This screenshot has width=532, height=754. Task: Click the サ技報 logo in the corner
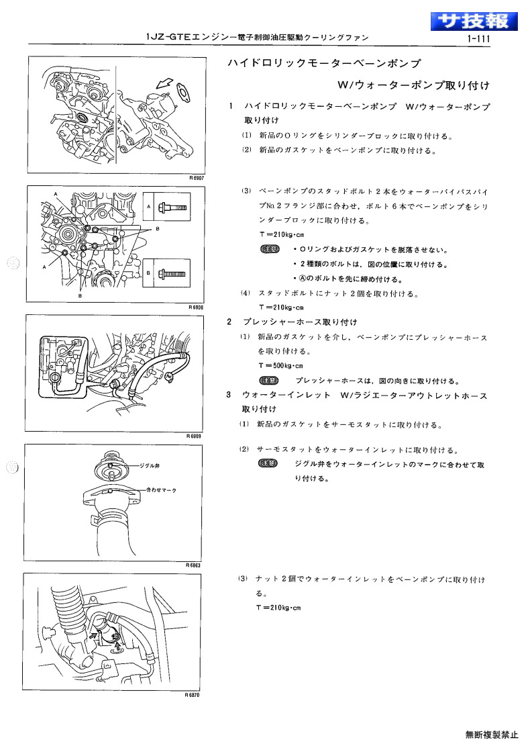point(474,21)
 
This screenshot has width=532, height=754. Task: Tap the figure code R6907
point(197,178)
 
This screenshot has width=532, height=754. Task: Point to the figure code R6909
point(194,436)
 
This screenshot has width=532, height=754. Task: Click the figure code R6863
point(193,565)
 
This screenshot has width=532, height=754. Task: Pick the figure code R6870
point(193,695)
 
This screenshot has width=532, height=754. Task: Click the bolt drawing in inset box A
point(173,207)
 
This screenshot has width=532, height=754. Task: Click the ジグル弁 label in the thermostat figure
point(150,465)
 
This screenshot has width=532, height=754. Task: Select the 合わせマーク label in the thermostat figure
point(162,490)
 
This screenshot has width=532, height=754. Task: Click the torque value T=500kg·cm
point(281,365)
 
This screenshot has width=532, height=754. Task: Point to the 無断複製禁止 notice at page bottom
point(492,735)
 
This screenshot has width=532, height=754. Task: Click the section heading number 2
point(229,322)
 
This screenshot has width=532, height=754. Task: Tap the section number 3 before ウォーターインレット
point(229,395)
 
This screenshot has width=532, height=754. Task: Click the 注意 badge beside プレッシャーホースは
point(268,381)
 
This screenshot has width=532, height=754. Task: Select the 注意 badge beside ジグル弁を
point(268,463)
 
